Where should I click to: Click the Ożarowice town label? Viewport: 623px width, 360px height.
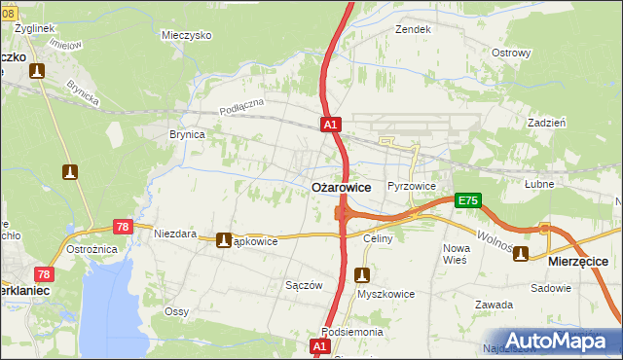(x=340, y=187)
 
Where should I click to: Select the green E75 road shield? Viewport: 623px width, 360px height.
(x=467, y=200)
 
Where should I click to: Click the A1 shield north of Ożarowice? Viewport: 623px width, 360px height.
(x=331, y=125)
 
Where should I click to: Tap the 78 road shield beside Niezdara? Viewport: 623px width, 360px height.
(x=123, y=227)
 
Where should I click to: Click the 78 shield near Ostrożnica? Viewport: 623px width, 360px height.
(x=45, y=275)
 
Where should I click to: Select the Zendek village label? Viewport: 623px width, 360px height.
(x=412, y=29)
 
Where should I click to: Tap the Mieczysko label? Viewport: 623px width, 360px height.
(x=187, y=34)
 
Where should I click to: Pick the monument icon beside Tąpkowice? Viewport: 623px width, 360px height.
(x=224, y=240)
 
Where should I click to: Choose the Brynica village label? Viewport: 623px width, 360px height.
(x=187, y=135)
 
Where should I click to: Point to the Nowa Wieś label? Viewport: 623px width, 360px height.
(x=455, y=255)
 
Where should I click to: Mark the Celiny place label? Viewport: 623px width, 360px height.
(x=377, y=238)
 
